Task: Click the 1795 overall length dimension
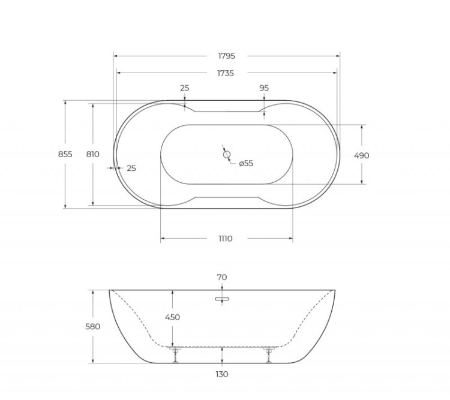pyautogui.click(x=226, y=56)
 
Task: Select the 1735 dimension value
pyautogui.click(x=226, y=73)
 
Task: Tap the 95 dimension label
pyautogui.click(x=264, y=88)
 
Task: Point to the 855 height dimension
pyautogui.click(x=65, y=154)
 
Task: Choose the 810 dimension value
pyautogui.click(x=92, y=154)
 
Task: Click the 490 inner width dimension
pyautogui.click(x=361, y=155)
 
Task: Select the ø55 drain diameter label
pyautogui.click(x=246, y=164)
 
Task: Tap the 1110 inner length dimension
pyautogui.click(x=225, y=239)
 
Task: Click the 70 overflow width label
pyautogui.click(x=222, y=277)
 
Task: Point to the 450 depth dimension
pyautogui.click(x=172, y=317)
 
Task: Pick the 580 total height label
pyautogui.click(x=92, y=327)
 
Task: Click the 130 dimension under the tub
pyautogui.click(x=222, y=374)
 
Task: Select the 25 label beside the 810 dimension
pyautogui.click(x=131, y=169)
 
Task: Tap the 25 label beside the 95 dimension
pyautogui.click(x=185, y=88)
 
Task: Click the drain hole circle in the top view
pyautogui.click(x=227, y=155)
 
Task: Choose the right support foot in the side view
pyautogui.click(x=268, y=354)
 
